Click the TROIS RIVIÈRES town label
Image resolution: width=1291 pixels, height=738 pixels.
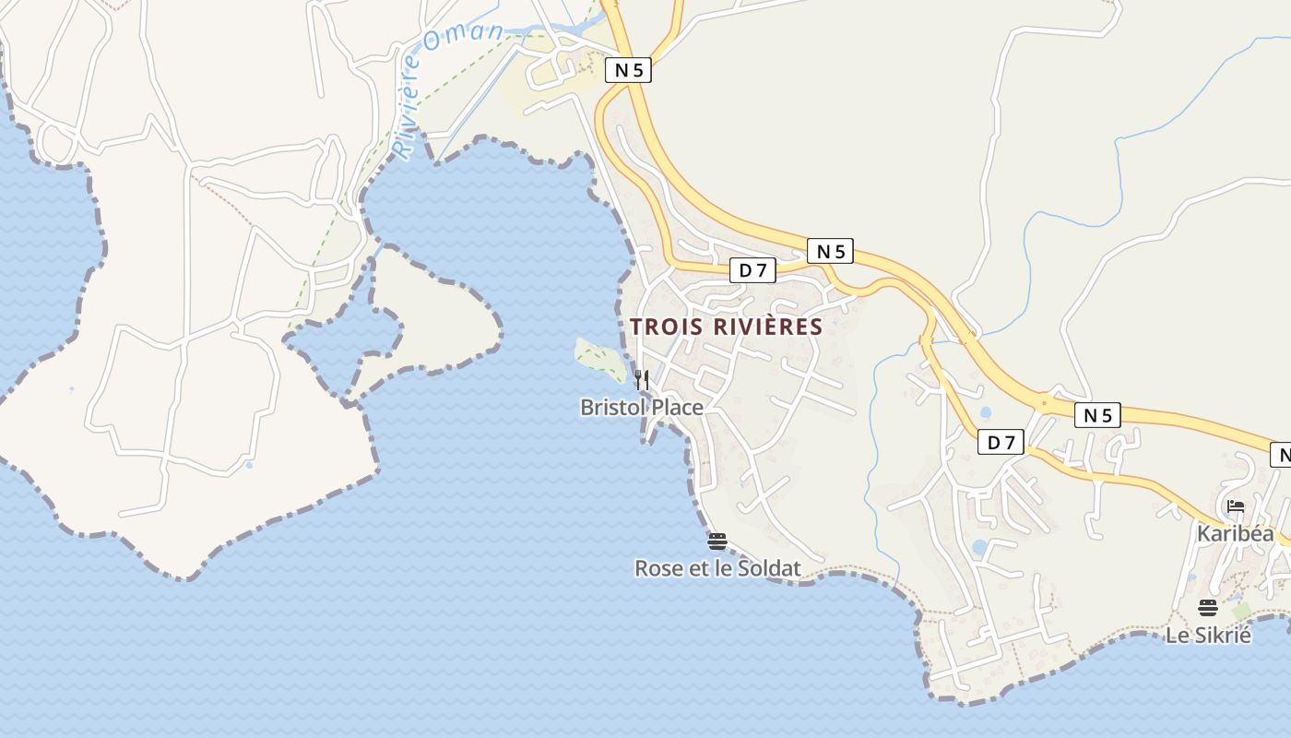click(x=726, y=327)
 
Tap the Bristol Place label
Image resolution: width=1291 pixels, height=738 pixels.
click(x=641, y=407)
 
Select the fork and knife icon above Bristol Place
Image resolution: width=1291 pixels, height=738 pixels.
click(x=642, y=379)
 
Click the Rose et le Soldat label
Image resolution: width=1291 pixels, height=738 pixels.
click(x=717, y=568)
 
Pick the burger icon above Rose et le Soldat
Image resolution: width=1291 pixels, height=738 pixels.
click(x=717, y=542)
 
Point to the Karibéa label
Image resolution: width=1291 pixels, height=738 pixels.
click(x=1235, y=533)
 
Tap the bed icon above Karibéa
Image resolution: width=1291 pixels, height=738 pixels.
click(x=1236, y=506)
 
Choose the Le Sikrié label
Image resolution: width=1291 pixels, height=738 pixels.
click(x=1208, y=635)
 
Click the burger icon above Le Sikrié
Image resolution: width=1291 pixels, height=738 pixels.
click(x=1208, y=608)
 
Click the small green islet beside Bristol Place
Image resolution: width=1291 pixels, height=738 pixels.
click(x=598, y=357)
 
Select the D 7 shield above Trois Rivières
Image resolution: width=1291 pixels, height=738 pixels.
click(x=753, y=270)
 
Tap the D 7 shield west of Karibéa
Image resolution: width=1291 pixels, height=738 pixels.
click(x=1001, y=443)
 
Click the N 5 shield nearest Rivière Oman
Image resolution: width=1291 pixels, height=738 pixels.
click(x=628, y=70)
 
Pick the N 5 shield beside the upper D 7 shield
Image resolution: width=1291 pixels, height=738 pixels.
click(x=830, y=251)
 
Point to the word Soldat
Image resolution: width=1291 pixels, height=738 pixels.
click(x=767, y=568)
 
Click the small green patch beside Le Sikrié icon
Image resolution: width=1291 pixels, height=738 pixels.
click(x=1241, y=611)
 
